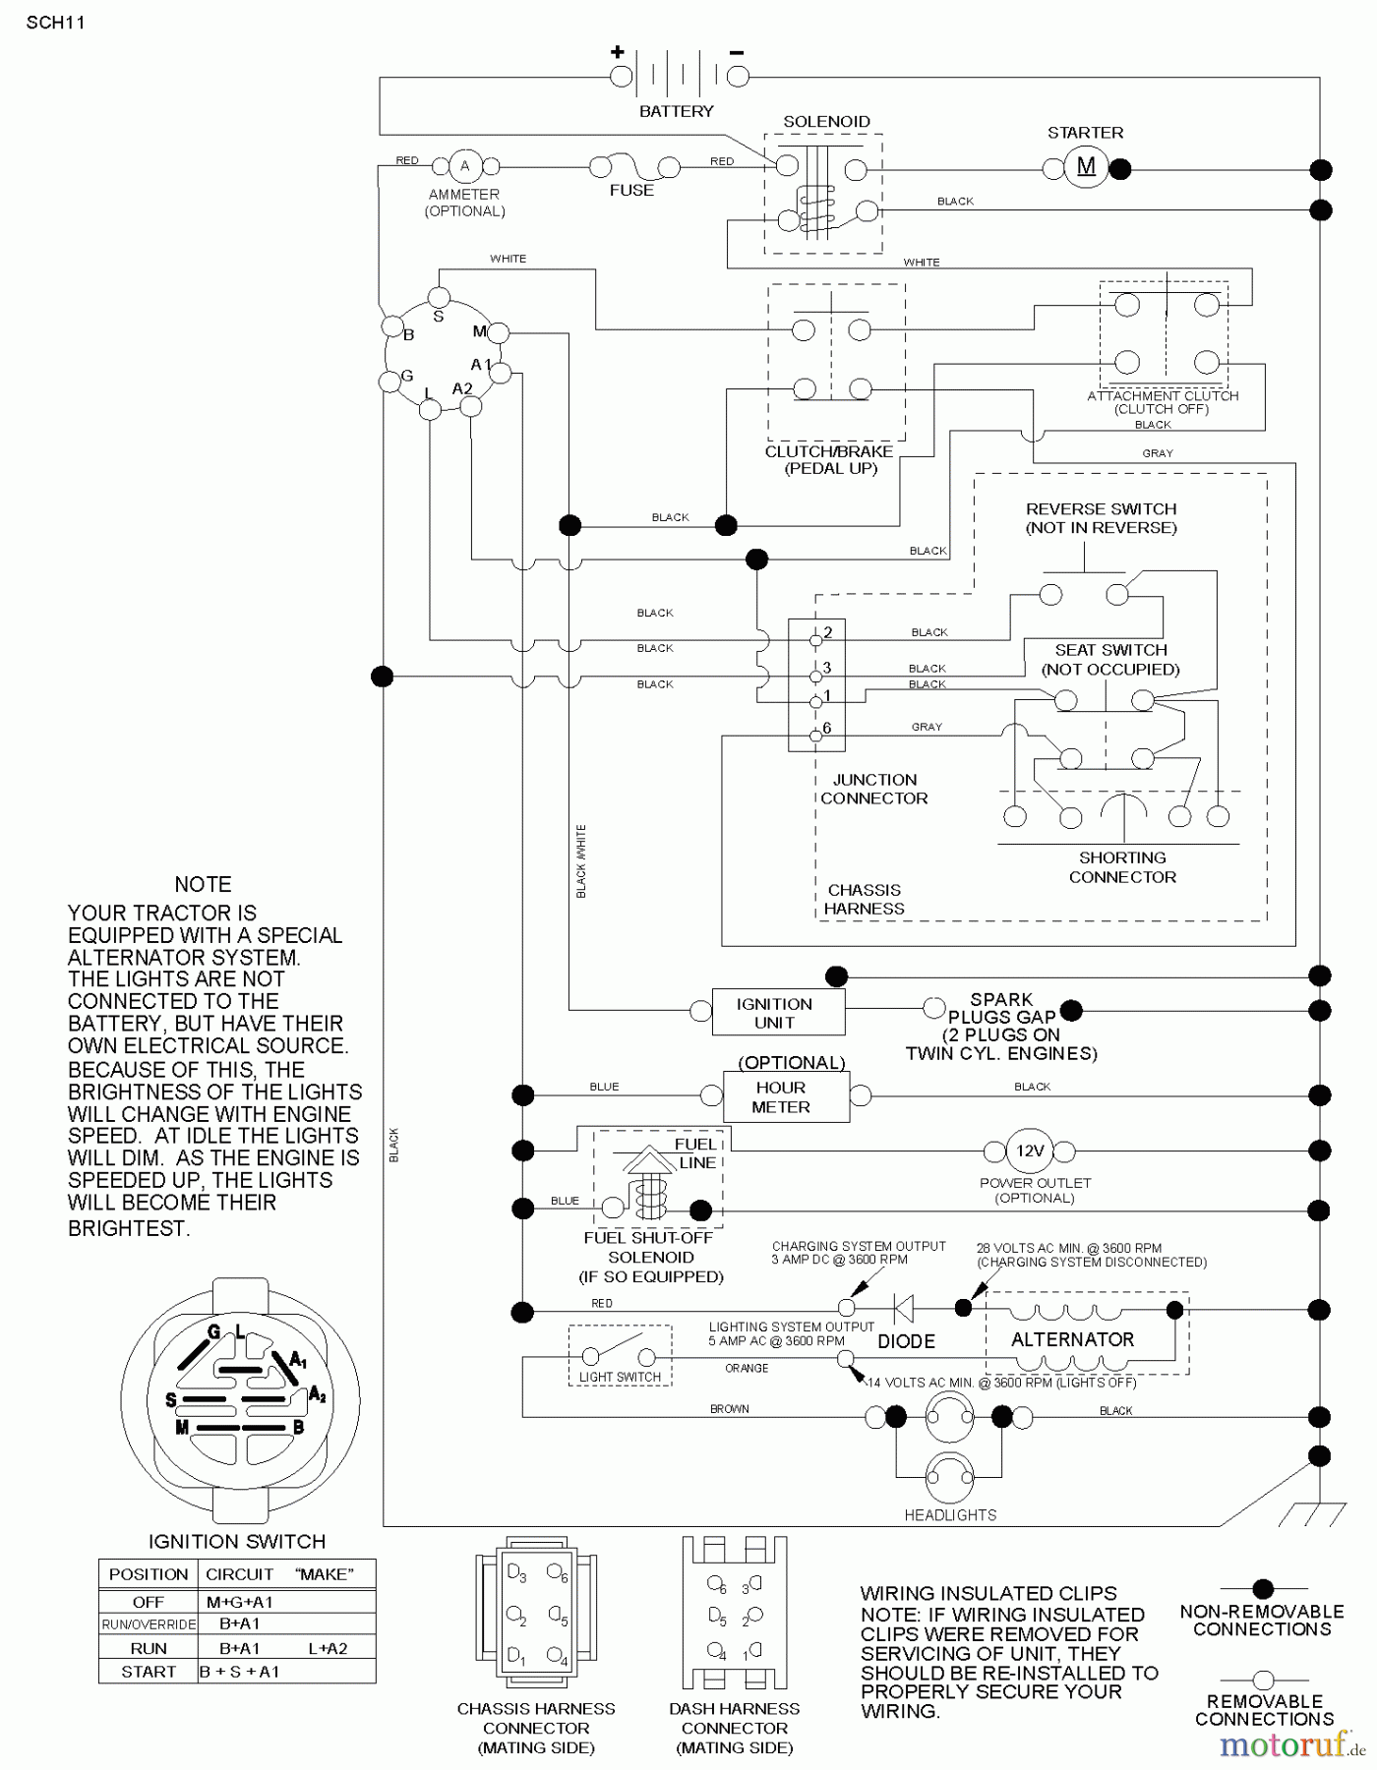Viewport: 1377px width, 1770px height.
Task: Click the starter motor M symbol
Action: (x=1086, y=167)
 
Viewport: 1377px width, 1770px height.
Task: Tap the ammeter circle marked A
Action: (x=465, y=166)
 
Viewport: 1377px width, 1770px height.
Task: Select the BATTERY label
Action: (x=676, y=111)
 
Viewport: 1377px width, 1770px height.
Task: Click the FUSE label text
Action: (x=631, y=190)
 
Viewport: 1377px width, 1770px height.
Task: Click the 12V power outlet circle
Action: (x=1030, y=1150)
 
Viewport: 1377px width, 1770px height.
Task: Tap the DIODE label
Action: (x=906, y=1341)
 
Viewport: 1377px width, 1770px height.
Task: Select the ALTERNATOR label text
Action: (x=1072, y=1339)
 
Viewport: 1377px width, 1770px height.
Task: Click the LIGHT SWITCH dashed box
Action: (x=620, y=1356)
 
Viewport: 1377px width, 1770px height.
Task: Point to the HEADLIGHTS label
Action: (x=950, y=1515)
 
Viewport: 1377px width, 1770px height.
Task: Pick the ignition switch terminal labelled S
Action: (x=440, y=298)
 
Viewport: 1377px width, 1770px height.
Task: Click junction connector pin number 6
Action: (x=815, y=736)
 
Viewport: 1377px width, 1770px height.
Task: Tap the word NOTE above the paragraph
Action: (x=203, y=884)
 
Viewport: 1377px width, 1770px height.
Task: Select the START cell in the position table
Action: (x=149, y=1672)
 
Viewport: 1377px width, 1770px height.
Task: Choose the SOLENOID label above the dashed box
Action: (x=826, y=121)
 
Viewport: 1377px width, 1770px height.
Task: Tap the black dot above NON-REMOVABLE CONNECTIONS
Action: (x=1263, y=1588)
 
